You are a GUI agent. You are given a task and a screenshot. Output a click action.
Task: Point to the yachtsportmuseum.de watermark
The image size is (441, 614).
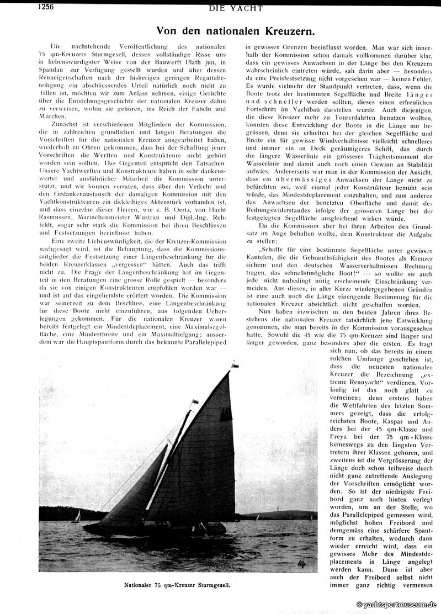click(x=397, y=605)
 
